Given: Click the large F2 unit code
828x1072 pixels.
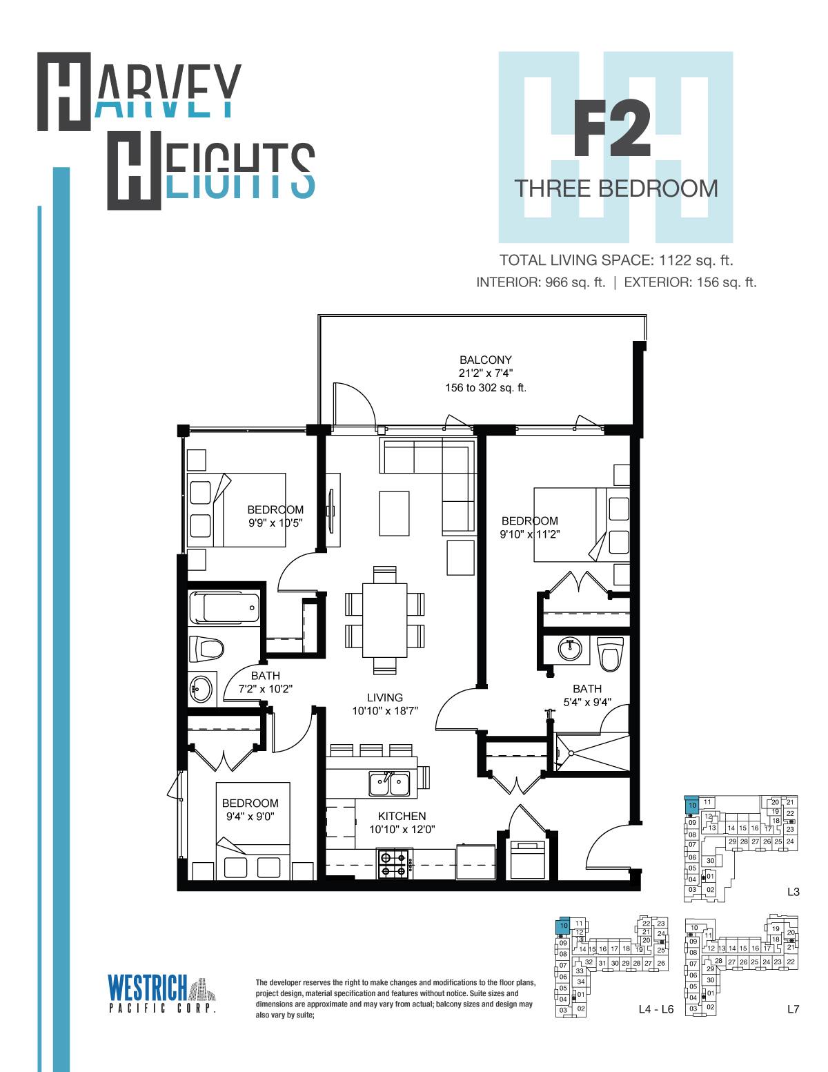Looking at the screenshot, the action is pos(611,128).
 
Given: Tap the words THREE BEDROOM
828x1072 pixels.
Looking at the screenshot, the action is pos(616,189).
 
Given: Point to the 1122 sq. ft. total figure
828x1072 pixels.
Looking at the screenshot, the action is pos(696,260).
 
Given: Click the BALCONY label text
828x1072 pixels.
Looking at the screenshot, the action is pos(486,360).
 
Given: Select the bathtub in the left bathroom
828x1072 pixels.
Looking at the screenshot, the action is pos(224,607).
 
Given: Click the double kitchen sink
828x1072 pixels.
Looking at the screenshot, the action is pos(389,784).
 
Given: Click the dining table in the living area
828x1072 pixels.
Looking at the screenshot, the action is pos(384,620).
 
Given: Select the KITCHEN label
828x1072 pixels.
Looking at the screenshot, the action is pos(402,817).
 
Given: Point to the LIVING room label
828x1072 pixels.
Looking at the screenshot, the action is pos(384,698).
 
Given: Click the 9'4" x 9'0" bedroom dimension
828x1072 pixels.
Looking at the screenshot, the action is pos(250,817).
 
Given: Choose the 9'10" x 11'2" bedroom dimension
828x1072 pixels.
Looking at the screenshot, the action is pos(530,534).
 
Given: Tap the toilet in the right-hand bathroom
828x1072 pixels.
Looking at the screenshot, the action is pos(611,654).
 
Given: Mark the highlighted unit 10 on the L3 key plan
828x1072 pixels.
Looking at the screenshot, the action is pos(692,805).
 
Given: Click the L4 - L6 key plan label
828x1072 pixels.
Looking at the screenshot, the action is pos(656,1009).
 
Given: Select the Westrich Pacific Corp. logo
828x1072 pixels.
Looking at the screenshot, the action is pos(162,994).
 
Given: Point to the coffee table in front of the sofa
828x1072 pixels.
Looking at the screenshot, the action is pos(394,513).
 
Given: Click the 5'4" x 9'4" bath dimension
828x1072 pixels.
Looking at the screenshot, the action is pos(587,702).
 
